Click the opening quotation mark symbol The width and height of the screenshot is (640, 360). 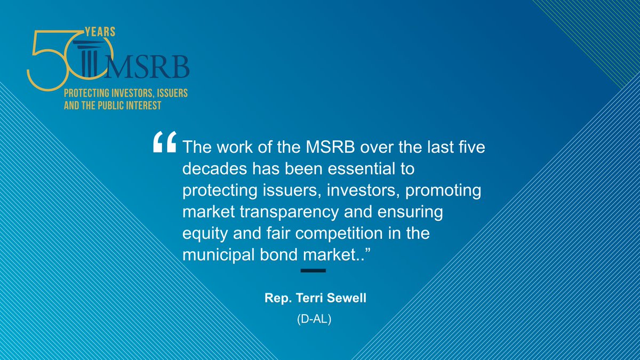coord(164,142)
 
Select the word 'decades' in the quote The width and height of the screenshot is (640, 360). coord(212,169)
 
